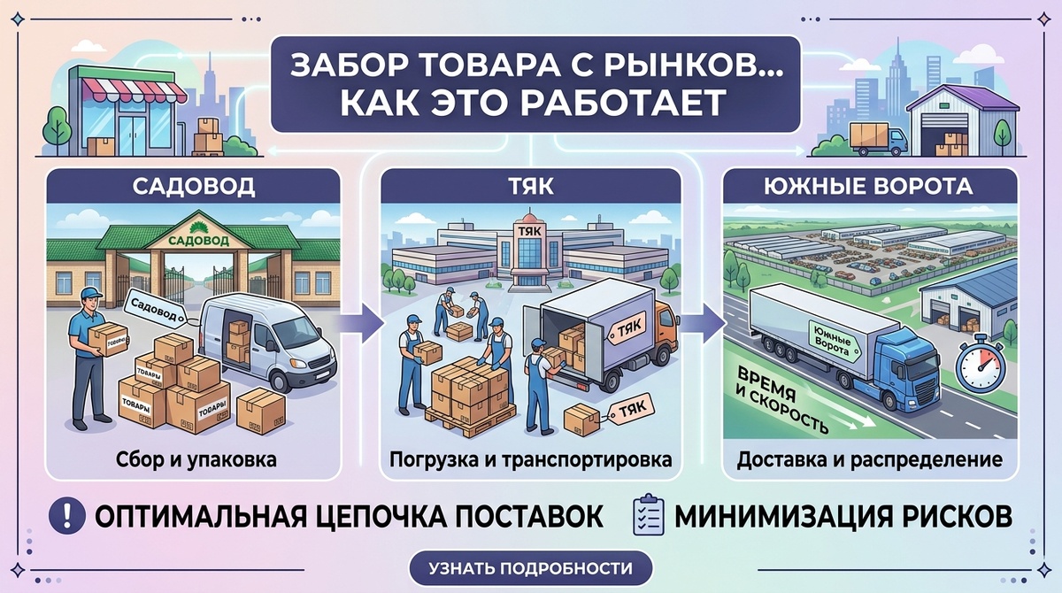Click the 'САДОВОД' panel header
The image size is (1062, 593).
(192, 187)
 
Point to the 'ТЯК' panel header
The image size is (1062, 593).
(530, 187)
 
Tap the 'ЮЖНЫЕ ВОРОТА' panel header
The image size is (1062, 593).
(869, 187)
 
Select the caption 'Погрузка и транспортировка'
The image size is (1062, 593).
(530, 460)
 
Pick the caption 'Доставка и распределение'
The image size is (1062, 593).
(870, 460)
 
